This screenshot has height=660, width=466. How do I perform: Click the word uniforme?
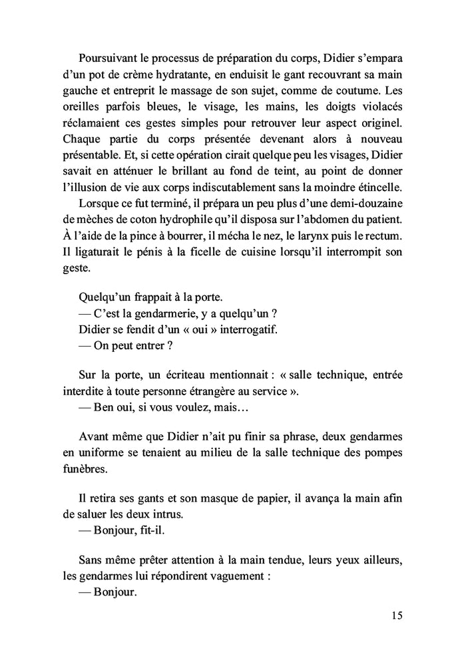point(100,452)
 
